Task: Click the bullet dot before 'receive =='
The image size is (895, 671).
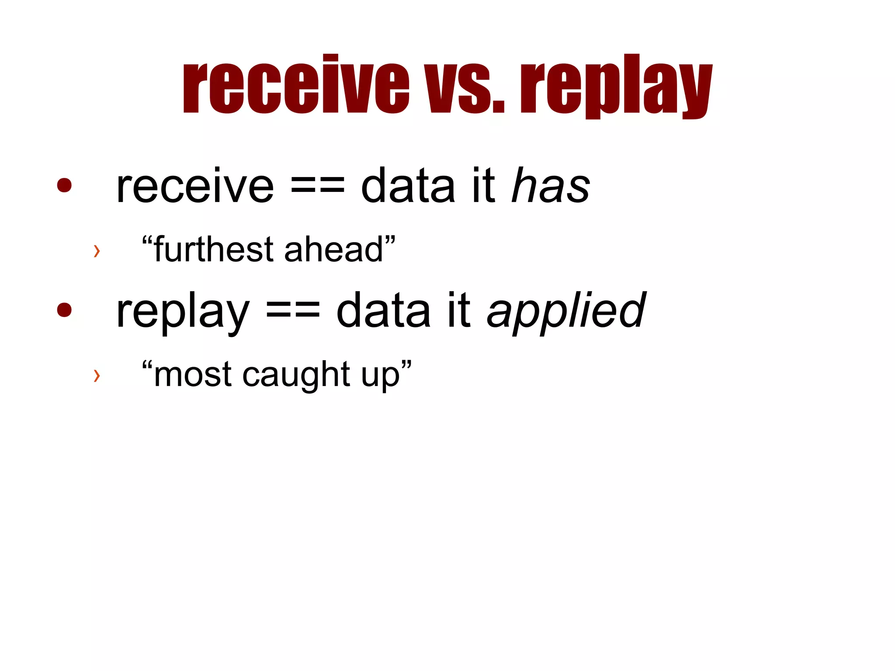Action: click(64, 185)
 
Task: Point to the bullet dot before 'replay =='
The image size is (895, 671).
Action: click(64, 309)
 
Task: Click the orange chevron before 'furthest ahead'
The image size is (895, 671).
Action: click(97, 251)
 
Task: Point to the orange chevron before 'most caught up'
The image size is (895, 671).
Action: click(97, 375)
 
